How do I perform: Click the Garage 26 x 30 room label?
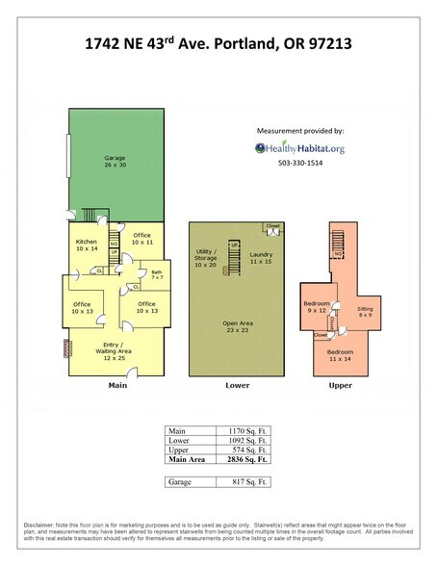116,161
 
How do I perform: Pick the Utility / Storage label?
206,260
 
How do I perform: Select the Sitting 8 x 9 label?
364,312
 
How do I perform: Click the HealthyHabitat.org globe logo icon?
261,147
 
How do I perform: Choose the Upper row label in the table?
180,450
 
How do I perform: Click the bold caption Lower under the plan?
237,385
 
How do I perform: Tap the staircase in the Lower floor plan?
232,259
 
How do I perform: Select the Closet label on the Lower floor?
272,228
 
